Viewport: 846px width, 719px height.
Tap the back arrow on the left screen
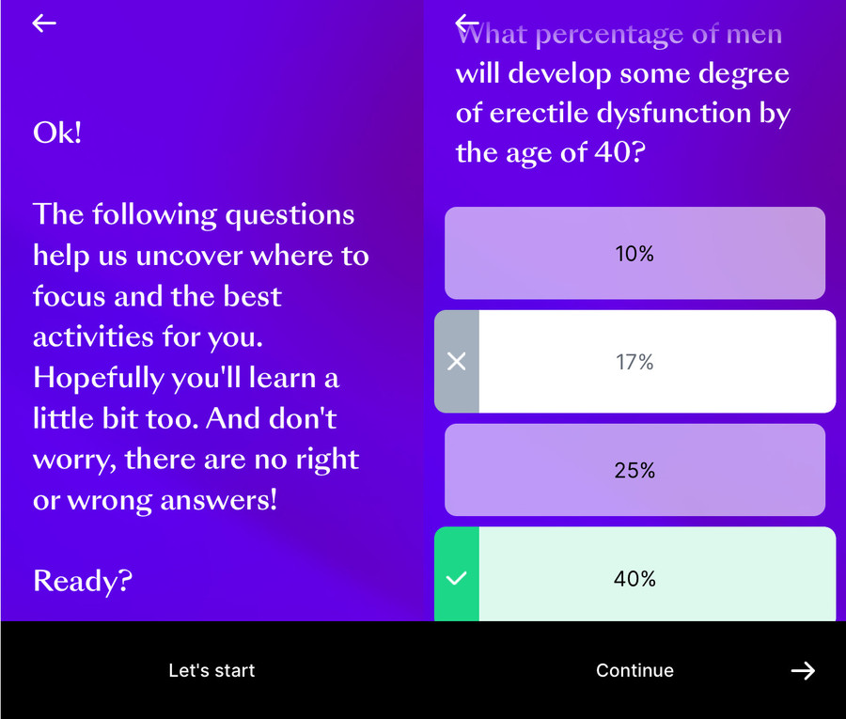coord(43,23)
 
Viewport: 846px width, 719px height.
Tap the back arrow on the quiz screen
coord(466,23)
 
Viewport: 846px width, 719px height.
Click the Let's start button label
coord(211,670)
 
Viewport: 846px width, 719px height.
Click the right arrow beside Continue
coord(803,670)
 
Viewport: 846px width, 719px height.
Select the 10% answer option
coord(634,253)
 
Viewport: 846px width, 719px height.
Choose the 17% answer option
coord(634,362)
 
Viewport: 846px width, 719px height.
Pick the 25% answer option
coord(634,470)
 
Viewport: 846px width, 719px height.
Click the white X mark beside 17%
coord(457,362)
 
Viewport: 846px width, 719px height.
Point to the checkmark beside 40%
coord(457,578)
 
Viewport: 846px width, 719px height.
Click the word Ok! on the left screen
coord(57,133)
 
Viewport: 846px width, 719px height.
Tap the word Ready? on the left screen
coord(83,581)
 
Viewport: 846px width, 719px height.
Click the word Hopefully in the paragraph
coord(99,378)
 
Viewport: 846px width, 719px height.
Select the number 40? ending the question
coord(620,152)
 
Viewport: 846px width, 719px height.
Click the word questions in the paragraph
coord(290,215)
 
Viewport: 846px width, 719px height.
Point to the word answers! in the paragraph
coord(218,501)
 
